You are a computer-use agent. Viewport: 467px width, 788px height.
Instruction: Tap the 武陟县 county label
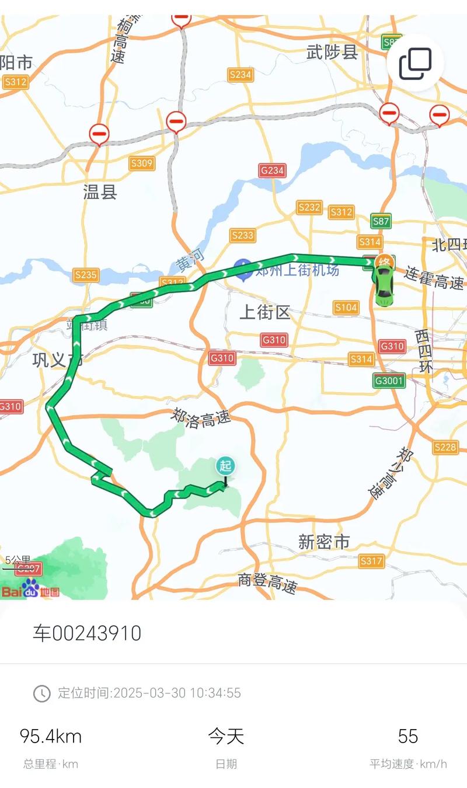point(332,53)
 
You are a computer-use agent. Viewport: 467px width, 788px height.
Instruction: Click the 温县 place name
point(100,192)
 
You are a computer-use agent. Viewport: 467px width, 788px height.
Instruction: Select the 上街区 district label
point(264,312)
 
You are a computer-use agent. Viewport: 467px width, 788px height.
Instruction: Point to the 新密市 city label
point(324,542)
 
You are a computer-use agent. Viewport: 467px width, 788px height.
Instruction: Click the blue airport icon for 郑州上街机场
point(243,269)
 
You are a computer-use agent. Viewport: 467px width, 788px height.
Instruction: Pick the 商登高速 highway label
point(268,583)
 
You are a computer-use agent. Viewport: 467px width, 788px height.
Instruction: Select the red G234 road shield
point(272,170)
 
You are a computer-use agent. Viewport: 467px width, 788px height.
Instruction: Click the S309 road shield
point(142,163)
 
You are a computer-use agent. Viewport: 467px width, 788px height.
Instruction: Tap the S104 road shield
point(346,307)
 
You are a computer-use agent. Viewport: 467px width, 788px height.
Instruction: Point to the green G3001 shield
point(389,381)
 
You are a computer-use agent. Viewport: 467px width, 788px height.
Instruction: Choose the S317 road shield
point(371,562)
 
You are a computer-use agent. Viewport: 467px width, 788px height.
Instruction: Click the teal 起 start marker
point(225,466)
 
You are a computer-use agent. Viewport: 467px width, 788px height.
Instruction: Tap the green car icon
point(384,288)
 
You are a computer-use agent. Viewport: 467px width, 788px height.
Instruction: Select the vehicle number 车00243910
point(87,633)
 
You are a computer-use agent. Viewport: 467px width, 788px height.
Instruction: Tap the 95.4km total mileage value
point(51,736)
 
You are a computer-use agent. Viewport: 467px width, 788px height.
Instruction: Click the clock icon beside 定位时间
point(41,693)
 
